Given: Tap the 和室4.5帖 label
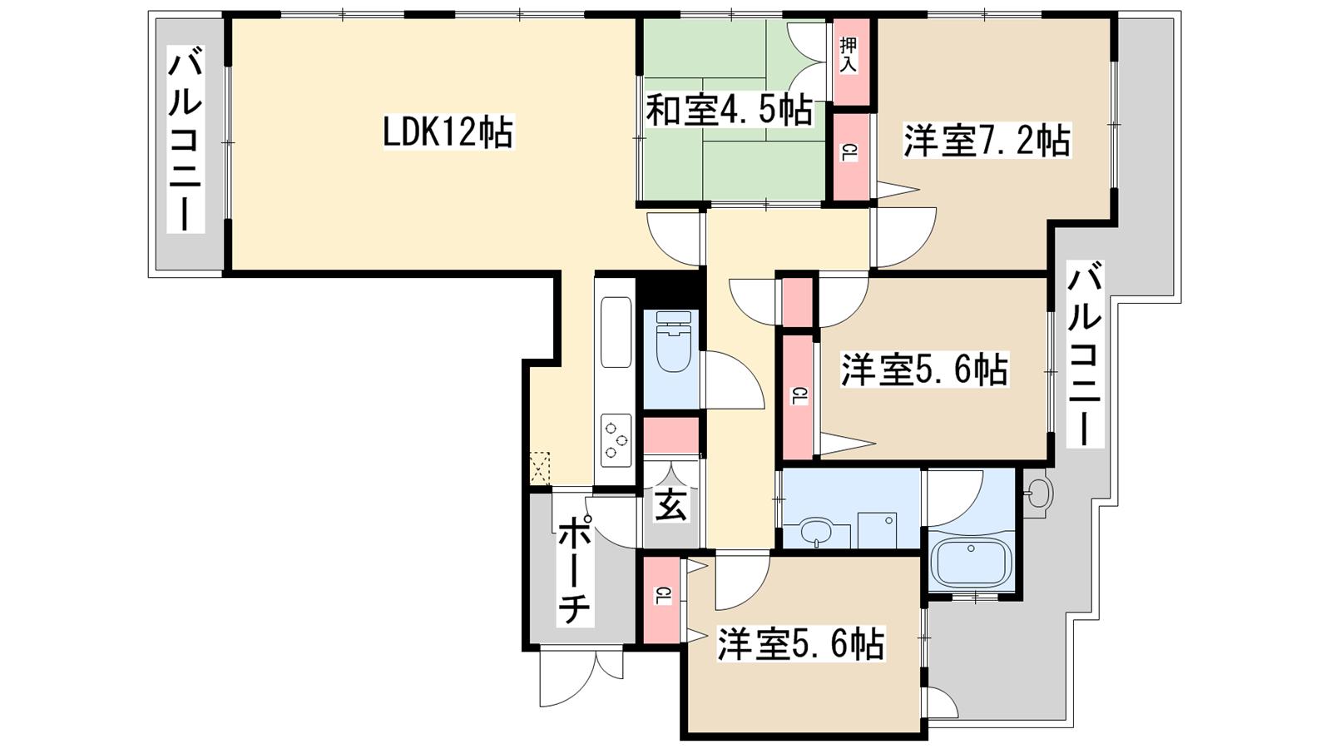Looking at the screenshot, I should pos(729,110).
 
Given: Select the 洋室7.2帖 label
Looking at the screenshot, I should pos(987,141).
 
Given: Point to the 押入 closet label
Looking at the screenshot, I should pos(848,56).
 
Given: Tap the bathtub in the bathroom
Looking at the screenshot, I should pos(972,563).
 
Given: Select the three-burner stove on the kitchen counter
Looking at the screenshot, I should pos(616,439).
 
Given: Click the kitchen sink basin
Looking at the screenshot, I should pos(616,332).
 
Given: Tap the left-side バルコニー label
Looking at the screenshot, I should pos(186,141).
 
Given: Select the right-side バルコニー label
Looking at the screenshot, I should pos(1085,355).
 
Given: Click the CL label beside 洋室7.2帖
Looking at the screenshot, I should pos(849,153).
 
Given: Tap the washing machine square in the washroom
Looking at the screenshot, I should pos(877,529).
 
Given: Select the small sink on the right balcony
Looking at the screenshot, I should pos(1037,494).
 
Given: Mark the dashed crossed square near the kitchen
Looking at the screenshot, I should pos(540,469).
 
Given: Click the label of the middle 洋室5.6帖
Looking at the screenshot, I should pos(923,370).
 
